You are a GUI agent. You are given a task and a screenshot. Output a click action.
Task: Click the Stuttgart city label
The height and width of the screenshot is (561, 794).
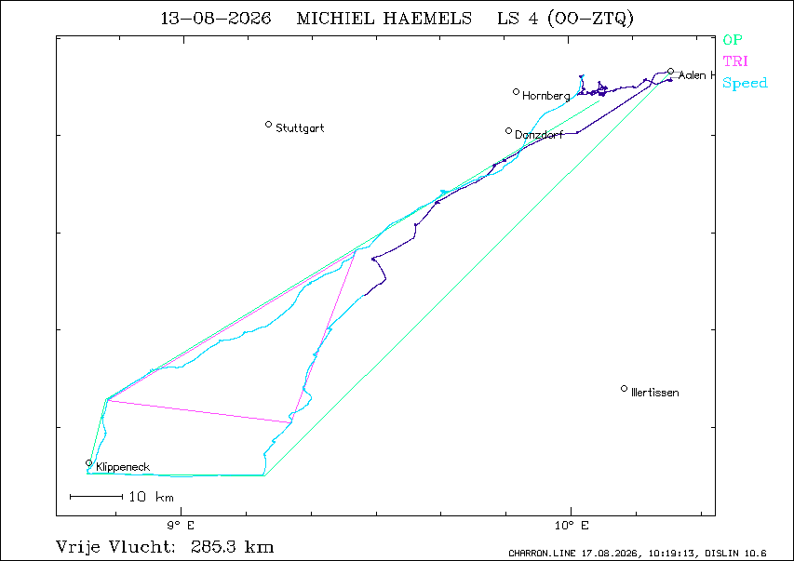(x=300, y=128)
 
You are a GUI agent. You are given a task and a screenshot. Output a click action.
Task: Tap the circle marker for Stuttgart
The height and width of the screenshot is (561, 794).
(x=268, y=124)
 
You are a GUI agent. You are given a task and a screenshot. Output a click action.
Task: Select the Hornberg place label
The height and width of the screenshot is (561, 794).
(x=545, y=96)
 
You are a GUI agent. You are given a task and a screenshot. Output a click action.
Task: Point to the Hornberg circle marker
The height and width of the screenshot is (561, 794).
(x=516, y=92)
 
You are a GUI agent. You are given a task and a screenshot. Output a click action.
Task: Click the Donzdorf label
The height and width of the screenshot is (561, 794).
(x=539, y=135)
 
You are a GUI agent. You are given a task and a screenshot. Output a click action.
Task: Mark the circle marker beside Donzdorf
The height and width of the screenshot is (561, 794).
(x=508, y=130)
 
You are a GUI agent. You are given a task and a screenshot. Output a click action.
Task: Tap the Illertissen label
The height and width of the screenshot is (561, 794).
(x=654, y=393)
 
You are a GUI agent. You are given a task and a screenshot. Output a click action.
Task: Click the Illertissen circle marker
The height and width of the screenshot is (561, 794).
(x=624, y=388)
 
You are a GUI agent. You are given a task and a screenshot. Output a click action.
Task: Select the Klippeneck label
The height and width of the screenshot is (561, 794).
(x=123, y=467)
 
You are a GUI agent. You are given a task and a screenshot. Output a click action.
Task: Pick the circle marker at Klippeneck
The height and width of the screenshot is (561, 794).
(x=88, y=462)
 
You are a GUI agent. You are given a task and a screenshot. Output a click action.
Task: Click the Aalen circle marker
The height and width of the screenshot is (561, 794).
(x=670, y=72)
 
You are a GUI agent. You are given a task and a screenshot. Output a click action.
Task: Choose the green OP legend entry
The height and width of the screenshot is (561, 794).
(x=733, y=39)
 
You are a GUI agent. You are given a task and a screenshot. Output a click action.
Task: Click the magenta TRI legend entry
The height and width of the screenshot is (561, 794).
(x=735, y=61)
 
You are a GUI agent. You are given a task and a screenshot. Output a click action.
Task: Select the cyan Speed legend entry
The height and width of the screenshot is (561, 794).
(x=745, y=83)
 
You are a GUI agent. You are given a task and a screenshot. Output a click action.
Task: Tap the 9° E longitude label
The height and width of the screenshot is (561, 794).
(x=181, y=525)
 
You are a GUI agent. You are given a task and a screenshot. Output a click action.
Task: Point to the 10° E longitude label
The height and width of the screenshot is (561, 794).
(x=572, y=525)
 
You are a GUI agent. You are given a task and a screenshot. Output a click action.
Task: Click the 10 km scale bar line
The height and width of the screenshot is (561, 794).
(x=96, y=497)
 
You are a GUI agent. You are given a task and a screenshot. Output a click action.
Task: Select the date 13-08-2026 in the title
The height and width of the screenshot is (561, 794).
(x=216, y=19)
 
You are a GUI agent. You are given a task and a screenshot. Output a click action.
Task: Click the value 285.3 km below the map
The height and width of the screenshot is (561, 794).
(x=233, y=547)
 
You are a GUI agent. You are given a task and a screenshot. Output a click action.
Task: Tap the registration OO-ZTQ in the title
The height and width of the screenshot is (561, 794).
(x=590, y=19)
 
